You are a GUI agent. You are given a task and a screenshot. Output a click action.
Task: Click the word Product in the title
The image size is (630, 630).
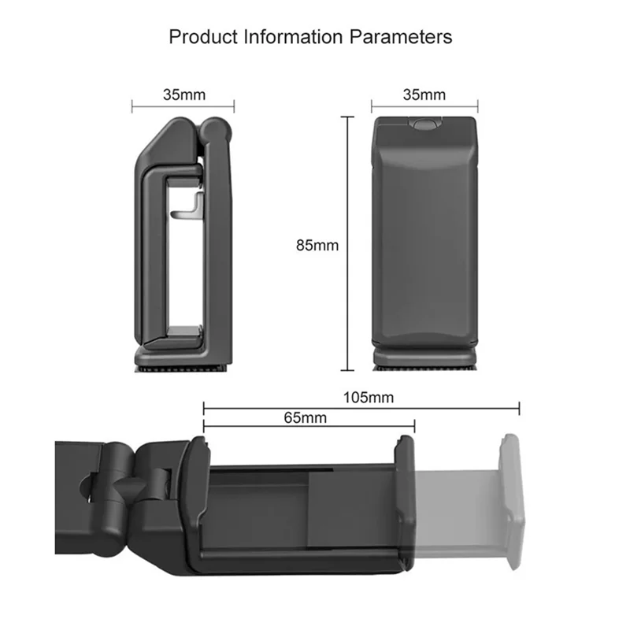pyautogui.click(x=198, y=36)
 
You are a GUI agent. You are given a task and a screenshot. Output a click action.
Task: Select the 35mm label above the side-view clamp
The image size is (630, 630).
pyautogui.click(x=183, y=94)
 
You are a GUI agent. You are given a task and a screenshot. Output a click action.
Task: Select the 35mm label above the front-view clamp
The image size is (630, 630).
pyautogui.click(x=424, y=94)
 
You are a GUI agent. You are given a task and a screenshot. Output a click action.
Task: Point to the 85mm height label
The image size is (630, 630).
pyautogui.click(x=317, y=245)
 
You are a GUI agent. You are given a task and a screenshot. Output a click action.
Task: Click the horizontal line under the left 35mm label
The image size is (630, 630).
pyautogui.click(x=183, y=106)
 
